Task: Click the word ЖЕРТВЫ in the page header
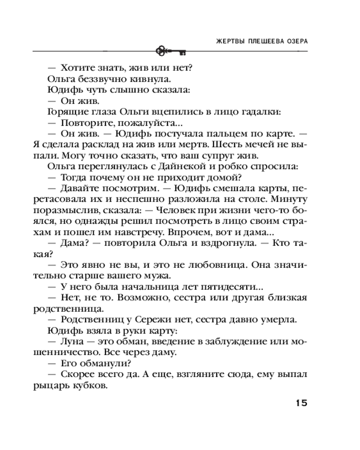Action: (x=227, y=40)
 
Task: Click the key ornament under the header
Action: (x=171, y=51)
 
